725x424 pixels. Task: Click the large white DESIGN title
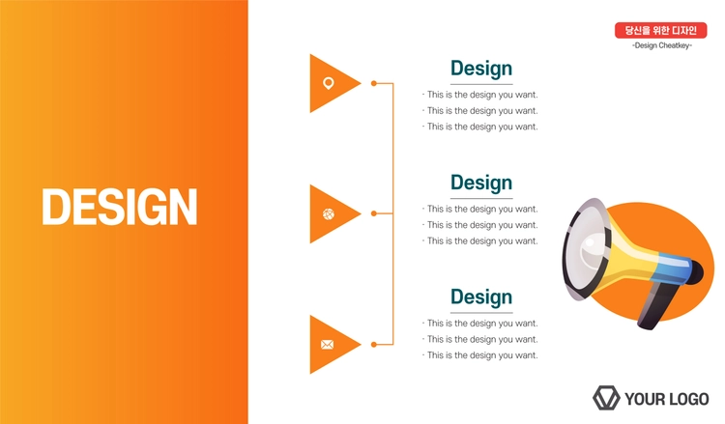[x=120, y=207]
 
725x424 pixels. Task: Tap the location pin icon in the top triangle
[x=329, y=83]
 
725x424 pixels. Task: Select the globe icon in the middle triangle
[x=329, y=213]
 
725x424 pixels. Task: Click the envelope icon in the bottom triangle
[x=328, y=345]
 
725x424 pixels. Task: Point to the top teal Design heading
[x=481, y=69]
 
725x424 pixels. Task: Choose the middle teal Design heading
[x=481, y=183]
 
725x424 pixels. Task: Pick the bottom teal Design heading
[x=481, y=297]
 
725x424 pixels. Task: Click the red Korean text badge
[x=661, y=31]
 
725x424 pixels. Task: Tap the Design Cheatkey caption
[x=661, y=45]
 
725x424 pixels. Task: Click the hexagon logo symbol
[x=606, y=398]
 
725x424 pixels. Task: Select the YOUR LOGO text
[x=666, y=399]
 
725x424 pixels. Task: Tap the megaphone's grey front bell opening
[x=584, y=249]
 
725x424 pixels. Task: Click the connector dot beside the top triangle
[x=373, y=83]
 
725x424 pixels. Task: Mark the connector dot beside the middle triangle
[x=373, y=213]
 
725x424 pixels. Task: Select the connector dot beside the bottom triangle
[x=373, y=344]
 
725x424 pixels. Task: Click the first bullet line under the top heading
[x=479, y=95]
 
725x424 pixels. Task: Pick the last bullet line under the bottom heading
[x=479, y=355]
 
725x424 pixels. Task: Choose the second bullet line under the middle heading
[x=479, y=225]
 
